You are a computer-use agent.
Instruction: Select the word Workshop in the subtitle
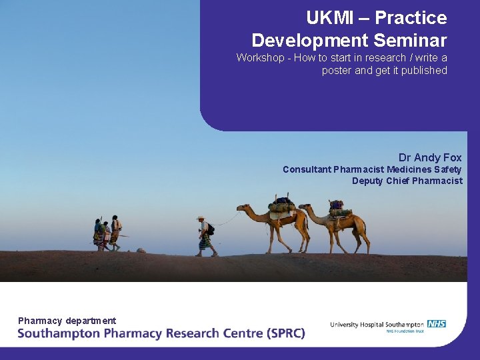(x=260, y=58)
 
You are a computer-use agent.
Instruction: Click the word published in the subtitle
(x=423, y=71)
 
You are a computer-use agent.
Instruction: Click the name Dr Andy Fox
(x=430, y=157)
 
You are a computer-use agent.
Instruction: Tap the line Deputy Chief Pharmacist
(x=407, y=181)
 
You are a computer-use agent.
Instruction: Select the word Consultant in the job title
(x=307, y=169)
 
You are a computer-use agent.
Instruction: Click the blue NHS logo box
(x=437, y=324)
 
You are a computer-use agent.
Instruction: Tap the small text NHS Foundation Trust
(x=405, y=331)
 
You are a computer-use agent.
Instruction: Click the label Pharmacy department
(x=67, y=321)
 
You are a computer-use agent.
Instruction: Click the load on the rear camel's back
(x=338, y=208)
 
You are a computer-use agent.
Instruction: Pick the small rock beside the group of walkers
(x=141, y=250)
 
